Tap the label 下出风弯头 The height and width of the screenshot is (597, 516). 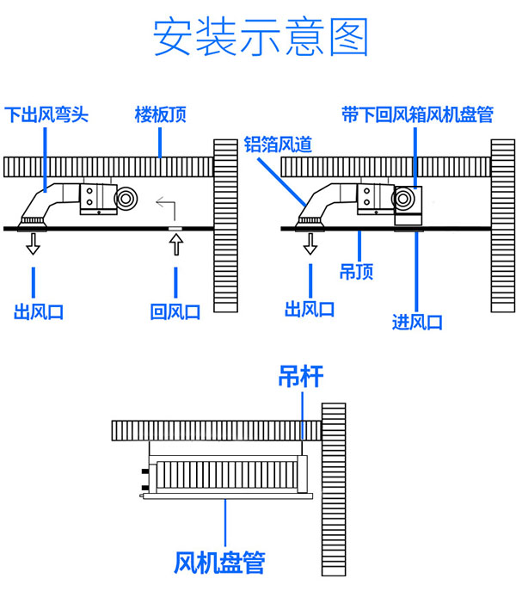point(47,114)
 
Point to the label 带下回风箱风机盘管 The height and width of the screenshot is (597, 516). point(416,114)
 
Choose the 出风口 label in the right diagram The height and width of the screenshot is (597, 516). point(310,309)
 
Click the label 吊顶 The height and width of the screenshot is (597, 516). point(356,273)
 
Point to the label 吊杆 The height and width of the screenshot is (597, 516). point(300,376)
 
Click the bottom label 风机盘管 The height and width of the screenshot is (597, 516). point(219,563)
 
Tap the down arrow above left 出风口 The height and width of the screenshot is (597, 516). point(34,245)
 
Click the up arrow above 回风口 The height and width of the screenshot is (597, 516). point(175,245)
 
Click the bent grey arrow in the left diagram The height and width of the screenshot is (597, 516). point(166,207)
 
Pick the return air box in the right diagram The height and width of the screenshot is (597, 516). point(410,207)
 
